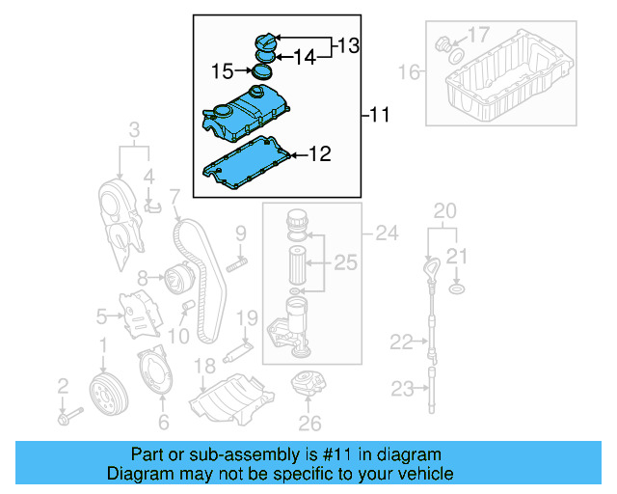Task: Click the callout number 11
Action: pos(379,116)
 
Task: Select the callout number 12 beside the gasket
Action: pos(319,153)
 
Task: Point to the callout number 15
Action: pos(222,70)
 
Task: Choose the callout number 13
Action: pos(347,44)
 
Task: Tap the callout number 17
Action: pos(478,37)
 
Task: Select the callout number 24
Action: pos(386,232)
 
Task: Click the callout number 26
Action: pos(308,422)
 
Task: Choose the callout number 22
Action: pos(400,341)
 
